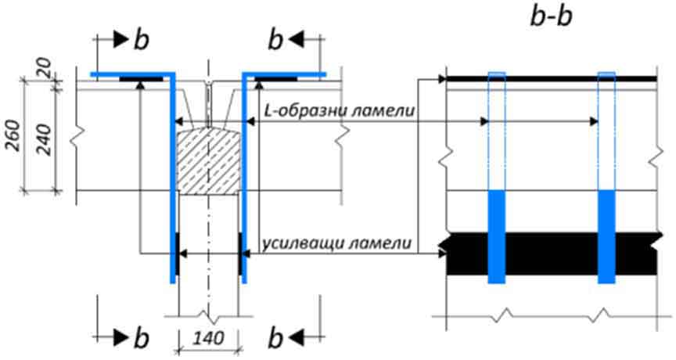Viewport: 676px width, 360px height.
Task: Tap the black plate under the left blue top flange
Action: point(141,79)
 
